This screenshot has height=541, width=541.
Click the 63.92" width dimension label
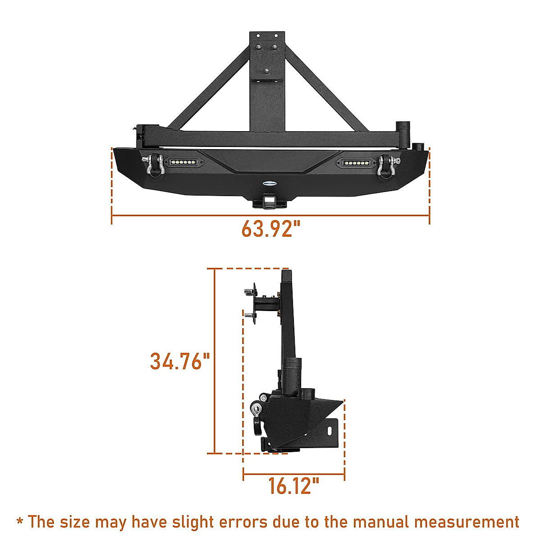(x=270, y=229)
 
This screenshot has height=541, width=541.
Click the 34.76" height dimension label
(x=180, y=361)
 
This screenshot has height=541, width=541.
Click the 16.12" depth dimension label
(x=293, y=486)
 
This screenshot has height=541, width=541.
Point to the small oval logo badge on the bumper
(x=270, y=183)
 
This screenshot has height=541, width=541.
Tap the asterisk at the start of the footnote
(x=20, y=522)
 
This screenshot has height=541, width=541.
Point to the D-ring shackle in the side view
(x=257, y=415)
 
